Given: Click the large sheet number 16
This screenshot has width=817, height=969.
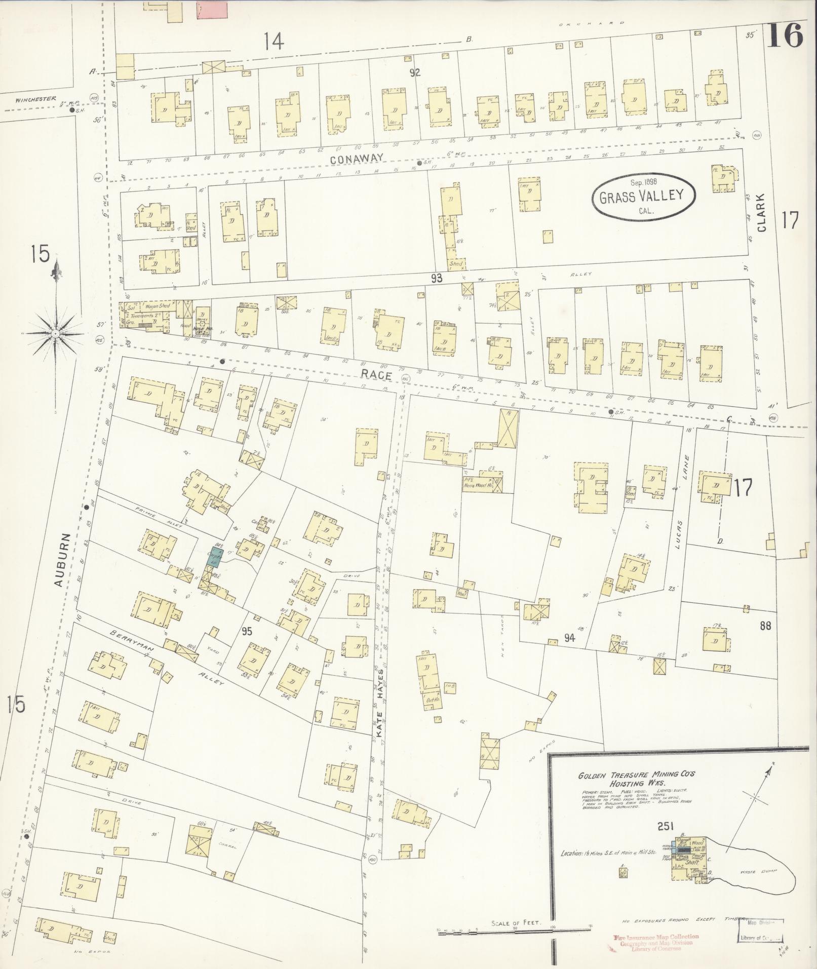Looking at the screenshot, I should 784,35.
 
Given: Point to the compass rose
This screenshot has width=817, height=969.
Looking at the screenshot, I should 55,332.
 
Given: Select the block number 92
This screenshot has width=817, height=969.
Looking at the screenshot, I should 415,72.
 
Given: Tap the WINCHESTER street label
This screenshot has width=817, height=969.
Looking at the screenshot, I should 35,99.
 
